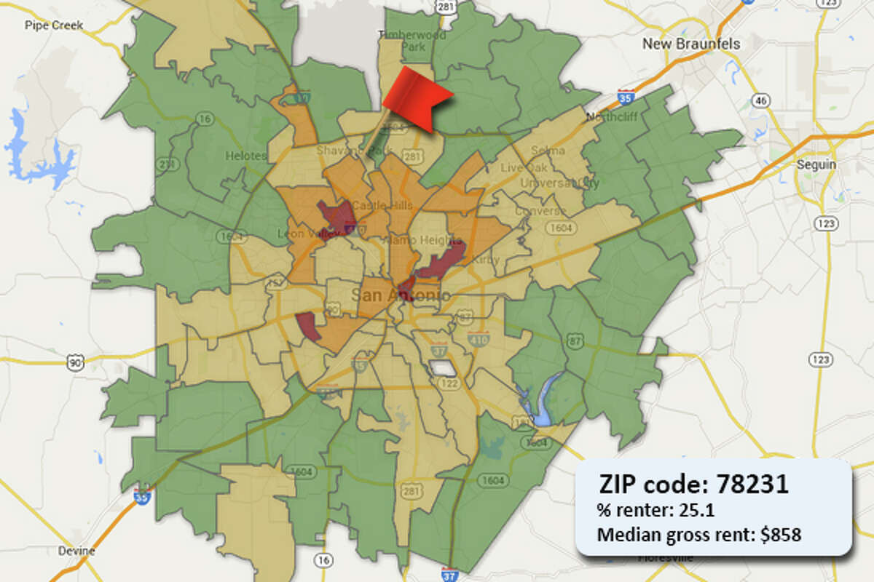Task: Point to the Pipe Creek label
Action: pos(54,25)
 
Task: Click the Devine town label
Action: pos(76,551)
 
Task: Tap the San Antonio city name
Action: pos(400,295)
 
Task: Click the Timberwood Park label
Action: pos(401,40)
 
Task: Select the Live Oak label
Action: pos(518,168)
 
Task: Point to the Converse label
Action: pos(540,211)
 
